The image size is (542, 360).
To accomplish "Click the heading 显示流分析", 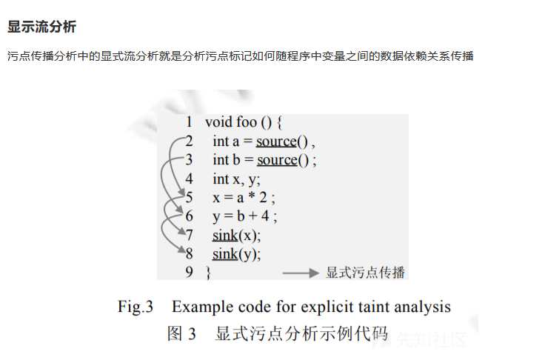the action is (41, 27).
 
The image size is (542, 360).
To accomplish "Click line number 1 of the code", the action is (189, 121).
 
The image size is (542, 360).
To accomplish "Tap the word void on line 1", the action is (218, 122).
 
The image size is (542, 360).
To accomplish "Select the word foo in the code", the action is (247, 122).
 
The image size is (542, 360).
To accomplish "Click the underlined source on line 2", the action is (276, 141).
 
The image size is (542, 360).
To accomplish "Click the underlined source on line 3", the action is (277, 160).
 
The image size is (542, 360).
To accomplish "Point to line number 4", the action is (189, 179).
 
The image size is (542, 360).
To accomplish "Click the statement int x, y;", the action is (236, 179).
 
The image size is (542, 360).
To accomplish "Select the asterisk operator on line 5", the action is (252, 196).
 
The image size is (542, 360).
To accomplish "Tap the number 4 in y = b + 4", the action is (265, 216).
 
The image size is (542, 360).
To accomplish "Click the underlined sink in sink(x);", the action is (225, 236).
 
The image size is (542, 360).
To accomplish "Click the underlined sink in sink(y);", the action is (225, 254).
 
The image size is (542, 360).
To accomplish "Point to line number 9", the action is (189, 272).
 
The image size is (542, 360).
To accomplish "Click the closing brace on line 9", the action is (208, 273).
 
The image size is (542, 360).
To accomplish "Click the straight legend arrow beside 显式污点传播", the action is (301, 273).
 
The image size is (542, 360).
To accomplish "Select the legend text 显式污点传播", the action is (365, 273).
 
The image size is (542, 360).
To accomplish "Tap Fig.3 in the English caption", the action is (135, 307).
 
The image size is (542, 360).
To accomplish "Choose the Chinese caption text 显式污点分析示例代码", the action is (301, 333).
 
